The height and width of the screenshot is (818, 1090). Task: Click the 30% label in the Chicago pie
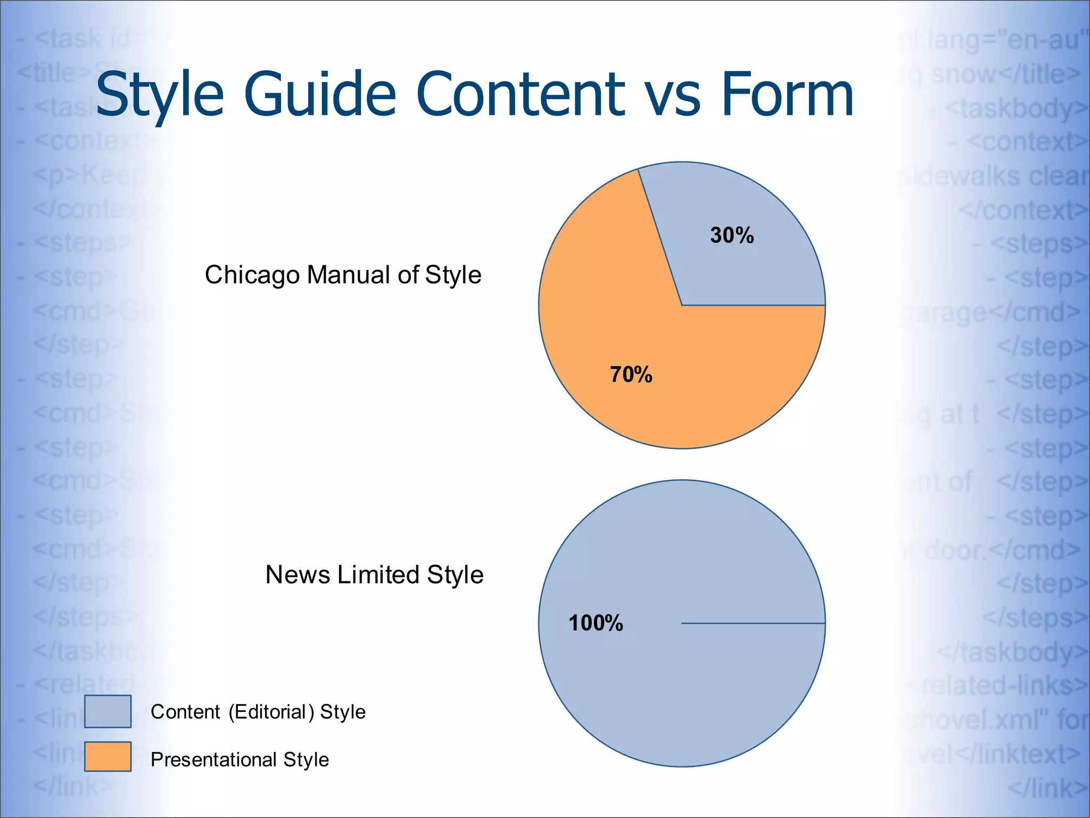click(x=732, y=235)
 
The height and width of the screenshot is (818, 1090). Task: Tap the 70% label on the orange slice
click(x=631, y=374)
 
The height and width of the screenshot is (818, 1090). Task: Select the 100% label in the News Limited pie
click(x=596, y=623)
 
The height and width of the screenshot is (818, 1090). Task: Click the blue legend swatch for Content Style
click(x=108, y=711)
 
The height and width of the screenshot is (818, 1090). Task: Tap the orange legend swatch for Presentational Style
click(x=108, y=756)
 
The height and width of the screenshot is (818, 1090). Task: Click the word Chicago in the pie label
click(x=252, y=276)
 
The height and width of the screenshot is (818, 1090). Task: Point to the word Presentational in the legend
click(x=213, y=759)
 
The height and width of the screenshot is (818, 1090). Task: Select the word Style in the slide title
click(x=159, y=96)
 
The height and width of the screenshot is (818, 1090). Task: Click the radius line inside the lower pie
click(x=753, y=623)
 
